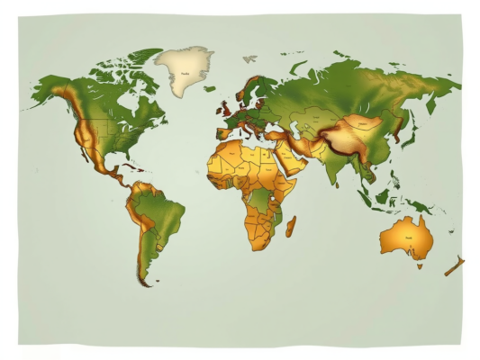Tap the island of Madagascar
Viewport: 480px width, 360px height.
point(291,224)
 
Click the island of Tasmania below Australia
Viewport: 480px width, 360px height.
point(419,265)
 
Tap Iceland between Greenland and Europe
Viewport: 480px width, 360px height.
point(209,89)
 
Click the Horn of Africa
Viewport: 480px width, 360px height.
point(294,184)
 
